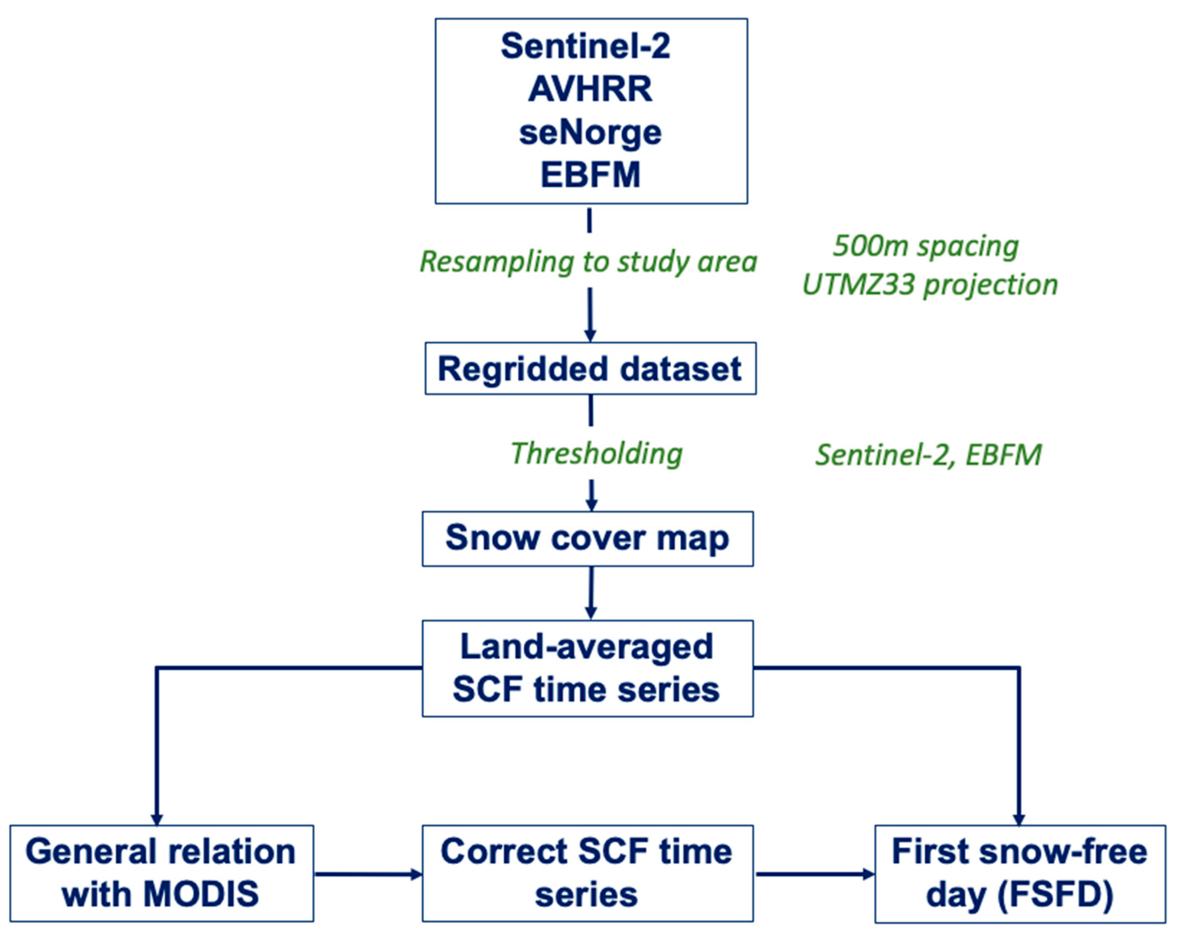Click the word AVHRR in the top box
pos(590,89)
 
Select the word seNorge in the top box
pos(590,133)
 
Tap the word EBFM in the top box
pos(590,175)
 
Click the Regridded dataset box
pos(590,369)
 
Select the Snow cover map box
pos(587,538)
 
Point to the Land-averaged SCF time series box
pos(587,668)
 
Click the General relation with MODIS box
pos(161,873)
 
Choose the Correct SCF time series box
pos(587,873)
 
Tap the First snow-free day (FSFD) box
pos(1019,873)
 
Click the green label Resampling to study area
pos(588,261)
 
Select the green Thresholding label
pos(596,453)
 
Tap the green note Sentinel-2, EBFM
pos(928,455)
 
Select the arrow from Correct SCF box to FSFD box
pos(814,874)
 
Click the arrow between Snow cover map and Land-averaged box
pos(591,593)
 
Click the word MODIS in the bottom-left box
pos(201,894)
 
